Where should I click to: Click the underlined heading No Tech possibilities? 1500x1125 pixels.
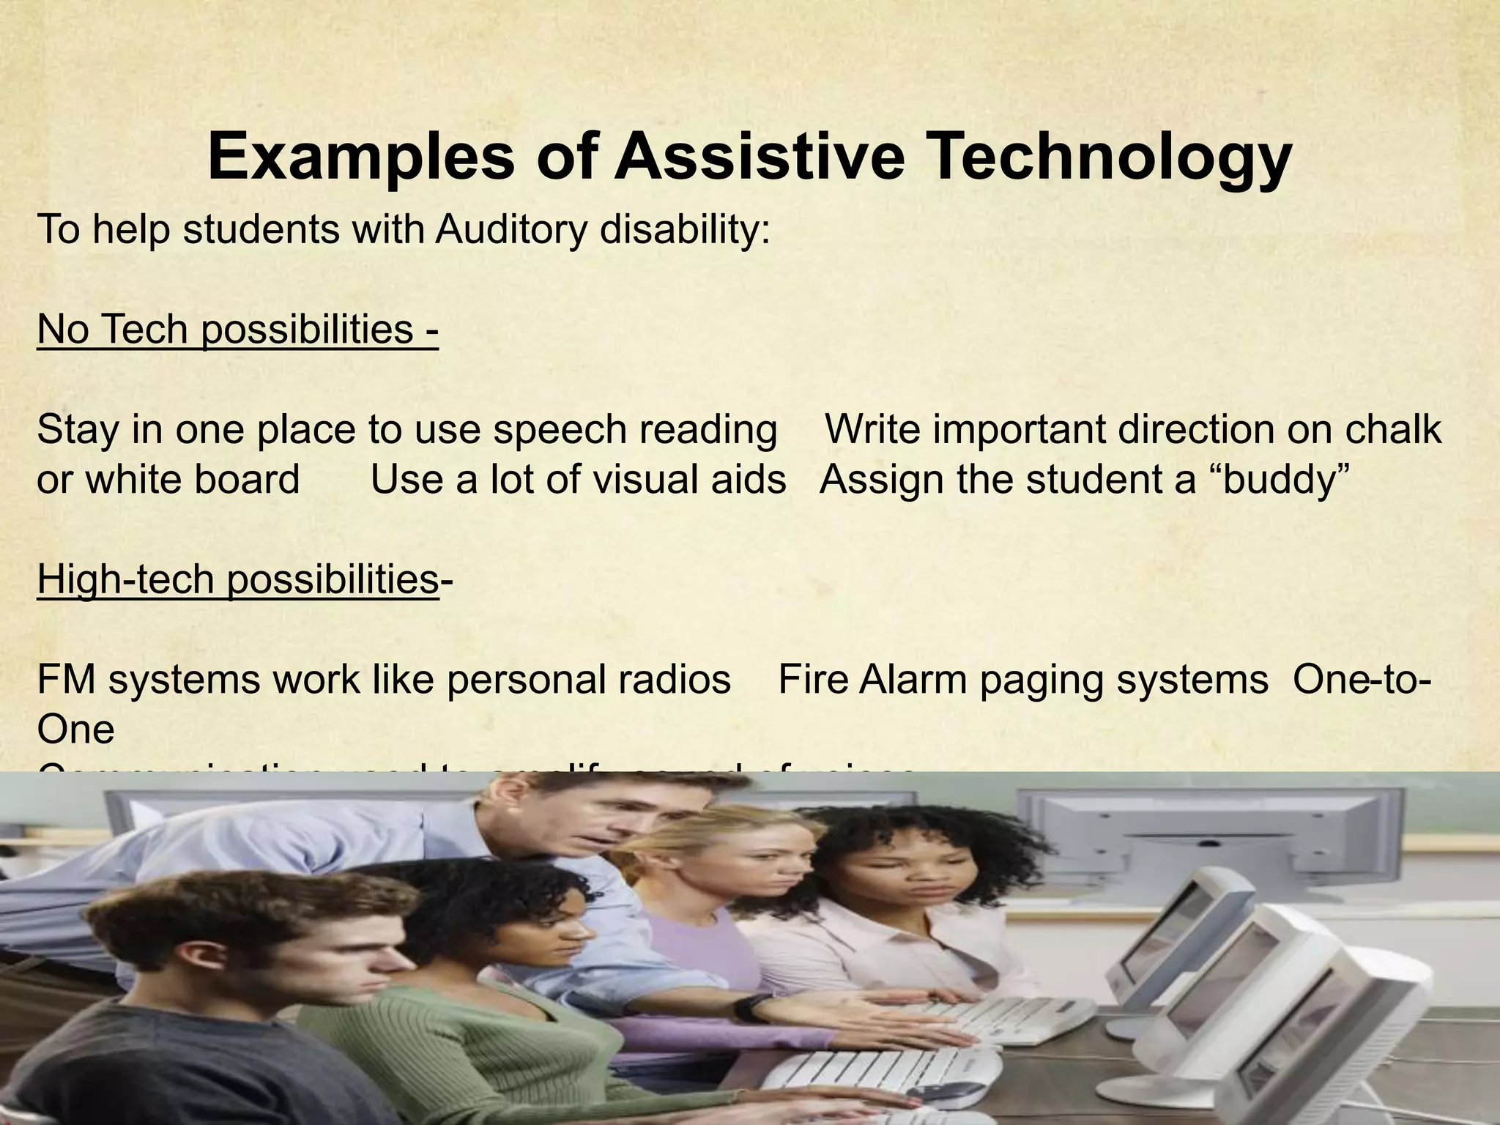pos(237,329)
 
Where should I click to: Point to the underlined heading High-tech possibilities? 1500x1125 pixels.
pos(237,579)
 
